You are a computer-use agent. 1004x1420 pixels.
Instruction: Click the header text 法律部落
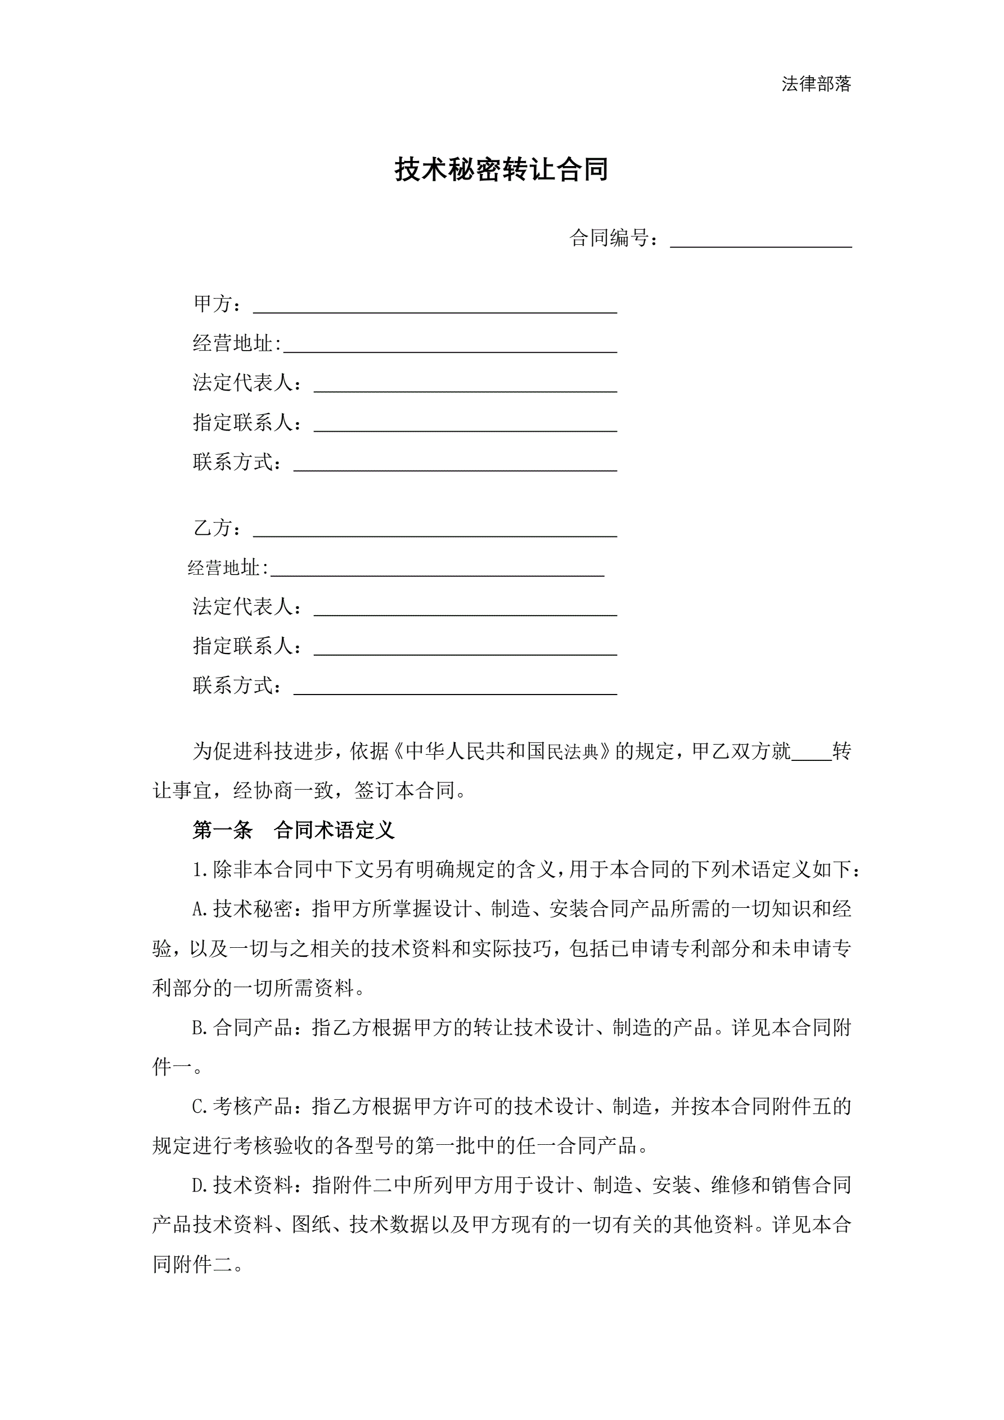point(816,83)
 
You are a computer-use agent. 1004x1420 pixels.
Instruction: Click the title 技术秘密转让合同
point(501,169)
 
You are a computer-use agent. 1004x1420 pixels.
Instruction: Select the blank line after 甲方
point(435,306)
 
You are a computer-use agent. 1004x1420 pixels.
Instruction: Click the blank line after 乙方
point(435,530)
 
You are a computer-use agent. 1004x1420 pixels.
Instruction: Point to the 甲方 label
point(213,304)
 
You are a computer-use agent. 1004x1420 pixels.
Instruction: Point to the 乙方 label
point(213,528)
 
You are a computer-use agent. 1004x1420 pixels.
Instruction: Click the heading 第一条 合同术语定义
point(293,830)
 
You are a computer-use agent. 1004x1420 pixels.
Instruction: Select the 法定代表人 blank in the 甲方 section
point(465,384)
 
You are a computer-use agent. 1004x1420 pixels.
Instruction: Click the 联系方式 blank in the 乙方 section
point(454,687)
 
